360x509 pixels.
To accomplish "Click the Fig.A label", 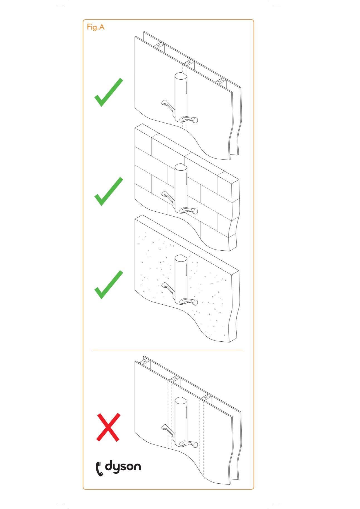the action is (x=95, y=27).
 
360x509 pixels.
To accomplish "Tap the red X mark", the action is (x=108, y=427).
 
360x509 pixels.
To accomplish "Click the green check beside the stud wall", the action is (x=109, y=92).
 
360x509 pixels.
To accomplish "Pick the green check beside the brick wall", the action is (x=109, y=192).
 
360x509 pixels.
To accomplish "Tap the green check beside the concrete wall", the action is (x=109, y=285).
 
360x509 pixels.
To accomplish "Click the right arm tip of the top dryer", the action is (x=195, y=120).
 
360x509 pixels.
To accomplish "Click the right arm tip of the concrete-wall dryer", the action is (x=195, y=302).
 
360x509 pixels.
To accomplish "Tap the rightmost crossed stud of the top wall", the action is (x=221, y=82).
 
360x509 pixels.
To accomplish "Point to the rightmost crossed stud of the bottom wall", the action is (x=206, y=397).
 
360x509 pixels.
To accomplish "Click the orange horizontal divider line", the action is (x=167, y=350).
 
